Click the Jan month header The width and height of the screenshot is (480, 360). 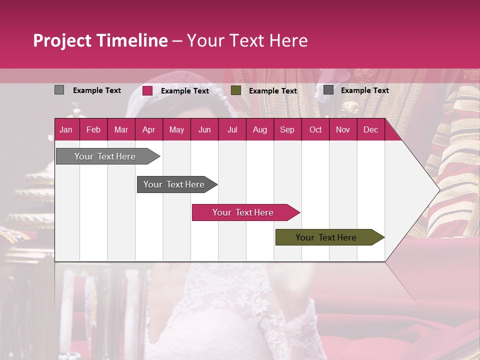point(66,130)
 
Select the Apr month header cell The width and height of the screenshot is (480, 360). point(148,130)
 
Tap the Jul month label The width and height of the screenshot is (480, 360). point(232,130)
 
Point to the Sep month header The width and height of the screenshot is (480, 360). point(287,130)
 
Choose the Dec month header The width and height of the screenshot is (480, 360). point(370,130)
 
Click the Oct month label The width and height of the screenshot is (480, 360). point(315,130)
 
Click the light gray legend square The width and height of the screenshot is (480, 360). point(59,90)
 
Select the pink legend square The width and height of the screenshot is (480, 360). point(147,90)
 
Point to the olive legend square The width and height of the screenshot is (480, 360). point(236,90)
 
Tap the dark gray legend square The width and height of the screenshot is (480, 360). point(328,90)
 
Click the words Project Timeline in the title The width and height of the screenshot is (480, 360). point(100,40)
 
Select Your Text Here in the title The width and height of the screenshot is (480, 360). point(247,40)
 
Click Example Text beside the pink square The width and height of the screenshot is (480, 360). point(184,91)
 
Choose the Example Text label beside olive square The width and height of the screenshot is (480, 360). point(272,91)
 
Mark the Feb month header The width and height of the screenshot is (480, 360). point(93,130)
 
